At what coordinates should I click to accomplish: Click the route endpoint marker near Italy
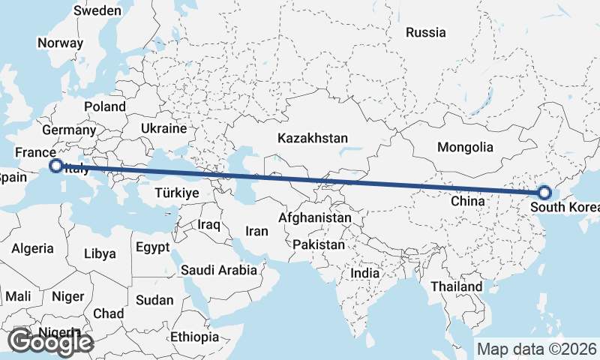[55, 165]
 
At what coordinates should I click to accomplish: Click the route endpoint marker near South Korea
[544, 193]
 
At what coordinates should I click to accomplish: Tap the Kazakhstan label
[313, 138]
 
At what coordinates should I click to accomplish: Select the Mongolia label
[465, 147]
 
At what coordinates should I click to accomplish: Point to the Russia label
[425, 32]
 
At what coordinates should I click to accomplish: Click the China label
[469, 201]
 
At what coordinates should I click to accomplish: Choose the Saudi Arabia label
[218, 269]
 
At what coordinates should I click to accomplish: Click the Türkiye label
[176, 193]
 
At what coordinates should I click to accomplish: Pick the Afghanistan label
[314, 217]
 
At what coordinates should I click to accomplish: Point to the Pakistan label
[319, 244]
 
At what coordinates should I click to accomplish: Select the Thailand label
[457, 286]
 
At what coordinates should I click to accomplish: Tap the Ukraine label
[163, 128]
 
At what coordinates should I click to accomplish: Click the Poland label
[105, 106]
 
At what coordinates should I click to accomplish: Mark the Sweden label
[97, 10]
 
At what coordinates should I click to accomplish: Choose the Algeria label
[32, 248]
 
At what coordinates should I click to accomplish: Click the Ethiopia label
[194, 337]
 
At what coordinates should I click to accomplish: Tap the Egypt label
[153, 247]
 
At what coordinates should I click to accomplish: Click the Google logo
[50, 343]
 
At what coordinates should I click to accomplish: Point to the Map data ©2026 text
[536, 349]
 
